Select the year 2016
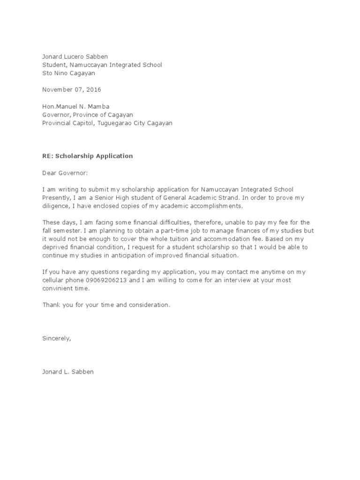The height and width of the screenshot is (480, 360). pyautogui.click(x=93, y=90)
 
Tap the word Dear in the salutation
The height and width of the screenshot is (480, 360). pyautogui.click(x=49, y=173)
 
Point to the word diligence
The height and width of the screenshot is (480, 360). pyautogui.click(x=56, y=206)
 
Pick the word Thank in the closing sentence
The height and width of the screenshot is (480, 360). pyautogui.click(x=51, y=305)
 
